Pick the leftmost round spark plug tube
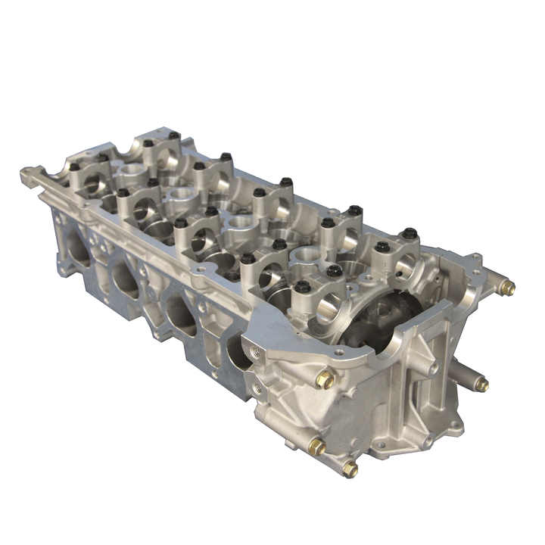tap(132, 170)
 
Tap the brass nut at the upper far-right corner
tap(508, 288)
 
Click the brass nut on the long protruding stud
tap(481, 385)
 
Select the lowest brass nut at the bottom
tap(350, 469)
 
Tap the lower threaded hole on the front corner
tap(259, 388)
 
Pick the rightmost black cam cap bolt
tap(410, 233)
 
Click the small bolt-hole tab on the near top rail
tap(201, 268)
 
